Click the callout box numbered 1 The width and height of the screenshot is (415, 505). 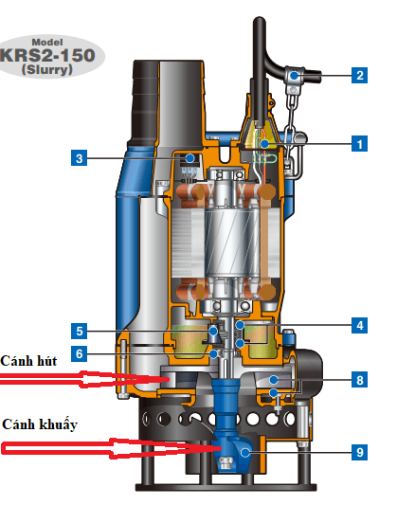(359, 144)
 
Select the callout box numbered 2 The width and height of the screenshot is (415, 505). (359, 76)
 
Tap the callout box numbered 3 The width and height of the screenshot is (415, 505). (79, 158)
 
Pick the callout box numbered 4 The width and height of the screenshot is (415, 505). (359, 325)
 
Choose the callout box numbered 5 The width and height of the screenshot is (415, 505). (79, 331)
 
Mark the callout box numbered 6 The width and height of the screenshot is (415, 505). (79, 353)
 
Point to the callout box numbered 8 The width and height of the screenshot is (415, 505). (359, 380)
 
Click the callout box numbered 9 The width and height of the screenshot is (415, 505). (359, 452)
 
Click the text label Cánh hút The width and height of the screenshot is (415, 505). (28, 361)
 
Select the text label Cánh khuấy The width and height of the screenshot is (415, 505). (40, 424)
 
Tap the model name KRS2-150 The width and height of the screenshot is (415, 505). (48, 55)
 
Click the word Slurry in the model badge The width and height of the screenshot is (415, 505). (47, 69)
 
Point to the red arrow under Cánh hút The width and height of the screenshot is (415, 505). (84, 379)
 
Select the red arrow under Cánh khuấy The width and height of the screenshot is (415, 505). (111, 448)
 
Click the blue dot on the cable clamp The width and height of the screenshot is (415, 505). (294, 76)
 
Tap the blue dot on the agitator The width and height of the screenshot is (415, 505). (245, 452)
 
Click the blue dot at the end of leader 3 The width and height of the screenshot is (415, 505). (190, 158)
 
